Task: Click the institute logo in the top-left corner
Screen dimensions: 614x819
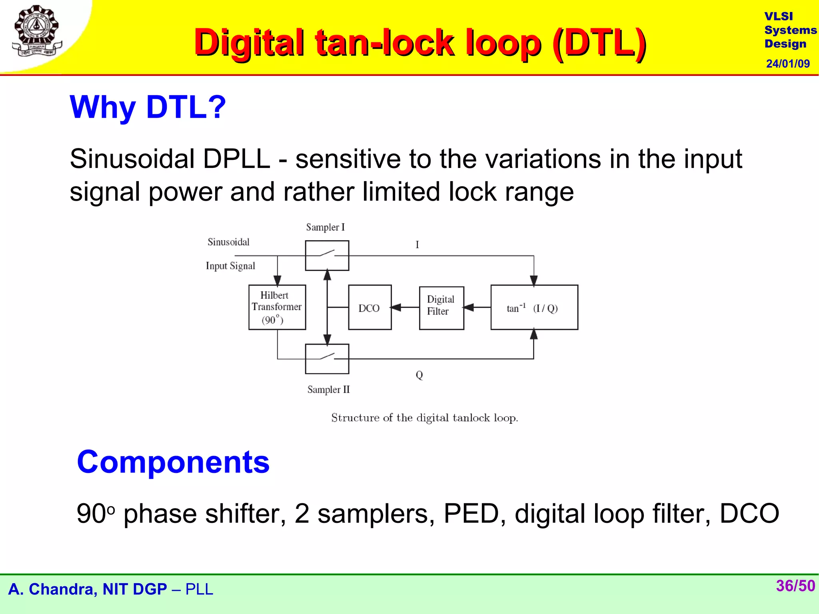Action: pos(37,31)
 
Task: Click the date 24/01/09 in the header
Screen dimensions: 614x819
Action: pos(787,64)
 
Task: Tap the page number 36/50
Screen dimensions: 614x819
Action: pos(795,586)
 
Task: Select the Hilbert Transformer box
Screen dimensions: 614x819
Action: pos(277,307)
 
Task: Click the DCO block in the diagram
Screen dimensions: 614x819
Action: pos(370,307)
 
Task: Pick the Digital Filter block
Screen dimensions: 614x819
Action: pos(441,307)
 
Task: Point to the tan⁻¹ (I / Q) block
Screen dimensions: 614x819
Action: pos(534,307)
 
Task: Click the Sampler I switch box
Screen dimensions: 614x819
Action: pos(327,255)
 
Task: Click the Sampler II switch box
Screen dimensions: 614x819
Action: pos(327,359)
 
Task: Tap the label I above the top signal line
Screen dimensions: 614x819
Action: pos(417,245)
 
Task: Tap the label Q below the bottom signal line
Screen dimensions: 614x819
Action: pos(419,375)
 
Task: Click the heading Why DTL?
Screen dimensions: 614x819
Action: pos(148,107)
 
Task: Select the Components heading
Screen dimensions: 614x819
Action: pos(173,462)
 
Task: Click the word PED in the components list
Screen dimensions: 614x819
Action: pos(470,514)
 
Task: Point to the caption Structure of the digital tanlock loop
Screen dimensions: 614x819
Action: pos(424,418)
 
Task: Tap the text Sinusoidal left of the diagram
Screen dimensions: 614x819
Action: pos(228,242)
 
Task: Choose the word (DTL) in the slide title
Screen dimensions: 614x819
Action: pos(600,43)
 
